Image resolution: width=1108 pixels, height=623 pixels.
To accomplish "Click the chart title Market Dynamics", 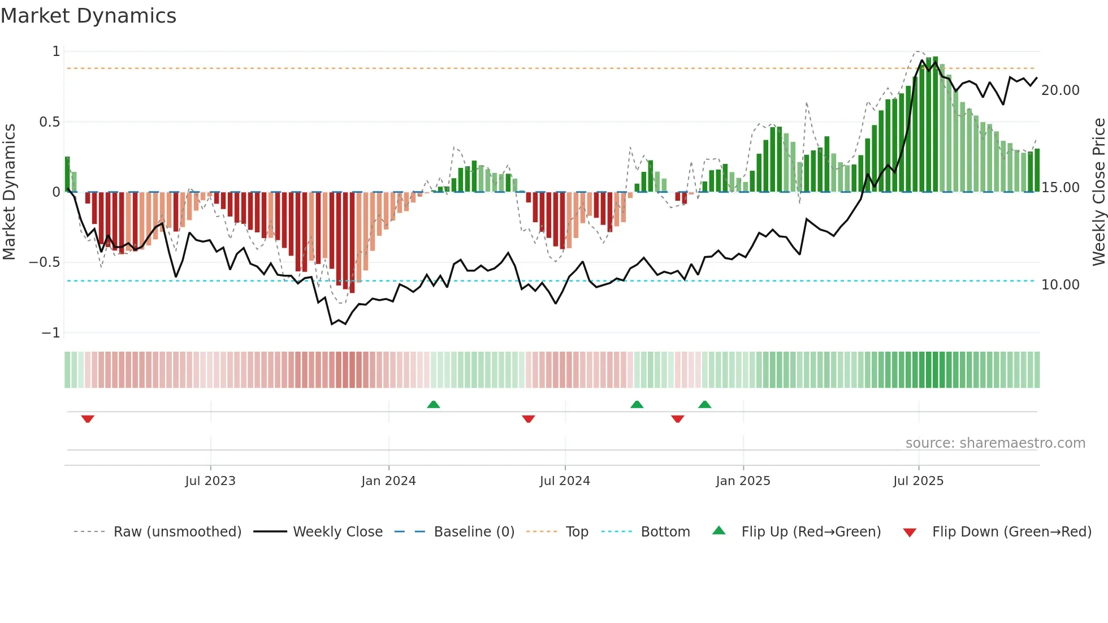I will point(88,16).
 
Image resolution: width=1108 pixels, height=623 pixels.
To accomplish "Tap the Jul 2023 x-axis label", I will point(210,481).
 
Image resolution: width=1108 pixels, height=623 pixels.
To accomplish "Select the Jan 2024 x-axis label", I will point(388,481).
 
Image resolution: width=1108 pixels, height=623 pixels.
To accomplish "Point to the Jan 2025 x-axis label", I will point(743,481).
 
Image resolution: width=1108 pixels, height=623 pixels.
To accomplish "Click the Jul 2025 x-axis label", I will point(918,481).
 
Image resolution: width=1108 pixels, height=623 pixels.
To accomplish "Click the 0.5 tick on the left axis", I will point(49,122).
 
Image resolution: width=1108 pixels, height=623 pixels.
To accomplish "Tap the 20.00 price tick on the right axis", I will point(1060,90).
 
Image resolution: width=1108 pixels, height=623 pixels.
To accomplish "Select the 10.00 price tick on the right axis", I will point(1060,285).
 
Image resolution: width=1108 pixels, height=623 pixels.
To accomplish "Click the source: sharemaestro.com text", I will point(995,443).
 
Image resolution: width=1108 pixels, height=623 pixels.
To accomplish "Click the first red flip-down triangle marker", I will point(88,419).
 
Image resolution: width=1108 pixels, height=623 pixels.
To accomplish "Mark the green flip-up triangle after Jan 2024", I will point(434,404).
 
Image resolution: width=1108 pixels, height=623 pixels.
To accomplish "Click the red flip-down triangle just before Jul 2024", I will point(529,419).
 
